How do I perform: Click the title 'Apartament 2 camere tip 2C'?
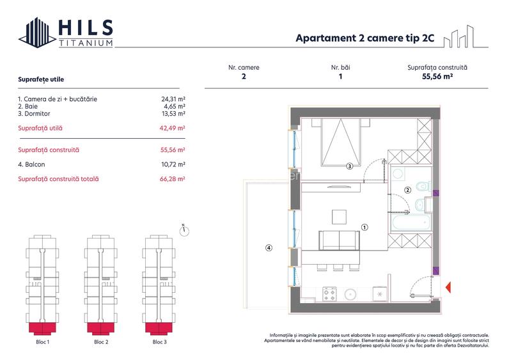pos(364,38)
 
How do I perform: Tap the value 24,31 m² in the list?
pos(173,99)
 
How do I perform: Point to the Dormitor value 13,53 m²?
pos(173,113)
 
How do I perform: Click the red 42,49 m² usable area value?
pos(173,128)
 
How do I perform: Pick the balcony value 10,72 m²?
pos(173,164)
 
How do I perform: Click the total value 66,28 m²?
pos(173,179)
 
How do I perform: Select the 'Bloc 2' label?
pos(101,342)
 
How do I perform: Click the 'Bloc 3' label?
pos(159,342)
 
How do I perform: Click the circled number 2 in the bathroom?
pos(407,189)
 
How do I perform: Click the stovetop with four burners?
pos(330,293)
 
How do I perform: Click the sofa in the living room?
pos(339,240)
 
